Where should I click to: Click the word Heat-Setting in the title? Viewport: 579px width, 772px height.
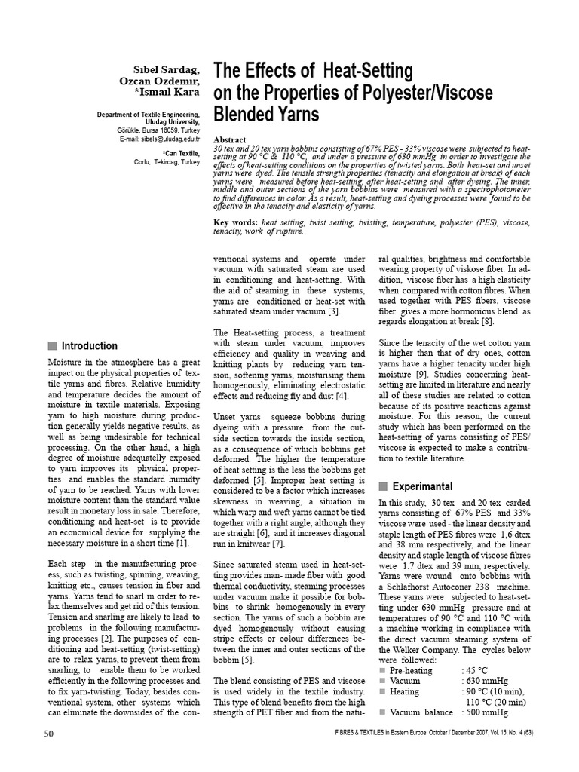point(368,71)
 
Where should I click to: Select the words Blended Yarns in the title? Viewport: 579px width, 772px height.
point(267,115)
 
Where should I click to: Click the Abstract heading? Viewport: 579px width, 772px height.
point(230,140)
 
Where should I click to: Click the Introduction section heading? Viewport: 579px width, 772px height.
point(89,346)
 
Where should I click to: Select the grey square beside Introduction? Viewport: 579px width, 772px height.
point(52,346)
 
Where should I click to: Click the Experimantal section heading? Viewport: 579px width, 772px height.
point(422,486)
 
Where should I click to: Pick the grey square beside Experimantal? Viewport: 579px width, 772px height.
point(384,486)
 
